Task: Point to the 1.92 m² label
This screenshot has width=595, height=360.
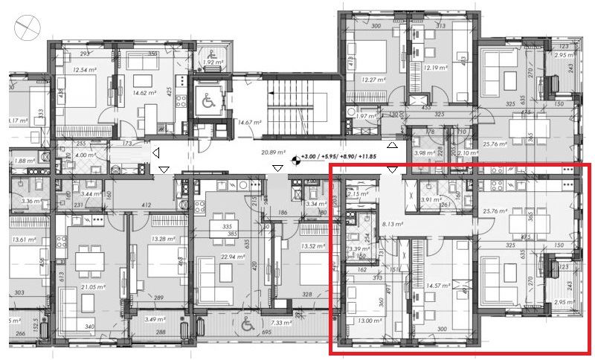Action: click(213, 63)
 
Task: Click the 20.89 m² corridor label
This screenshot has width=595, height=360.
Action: click(273, 152)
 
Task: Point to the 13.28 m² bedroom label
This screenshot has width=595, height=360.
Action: click(161, 239)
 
